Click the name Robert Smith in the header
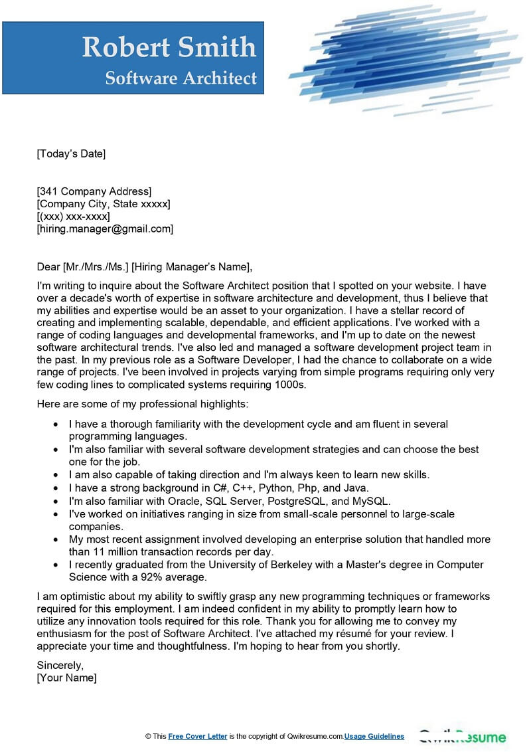click(169, 47)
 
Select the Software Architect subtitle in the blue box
click(181, 78)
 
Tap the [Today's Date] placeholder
click(71, 154)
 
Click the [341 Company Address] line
click(94, 192)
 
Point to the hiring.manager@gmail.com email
click(105, 229)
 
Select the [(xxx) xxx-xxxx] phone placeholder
click(74, 217)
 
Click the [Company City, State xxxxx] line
click(104, 204)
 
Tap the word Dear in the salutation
click(48, 267)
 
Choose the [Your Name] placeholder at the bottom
click(66, 678)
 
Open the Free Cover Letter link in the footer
click(198, 736)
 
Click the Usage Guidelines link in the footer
click(374, 736)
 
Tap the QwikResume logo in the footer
click(462, 737)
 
